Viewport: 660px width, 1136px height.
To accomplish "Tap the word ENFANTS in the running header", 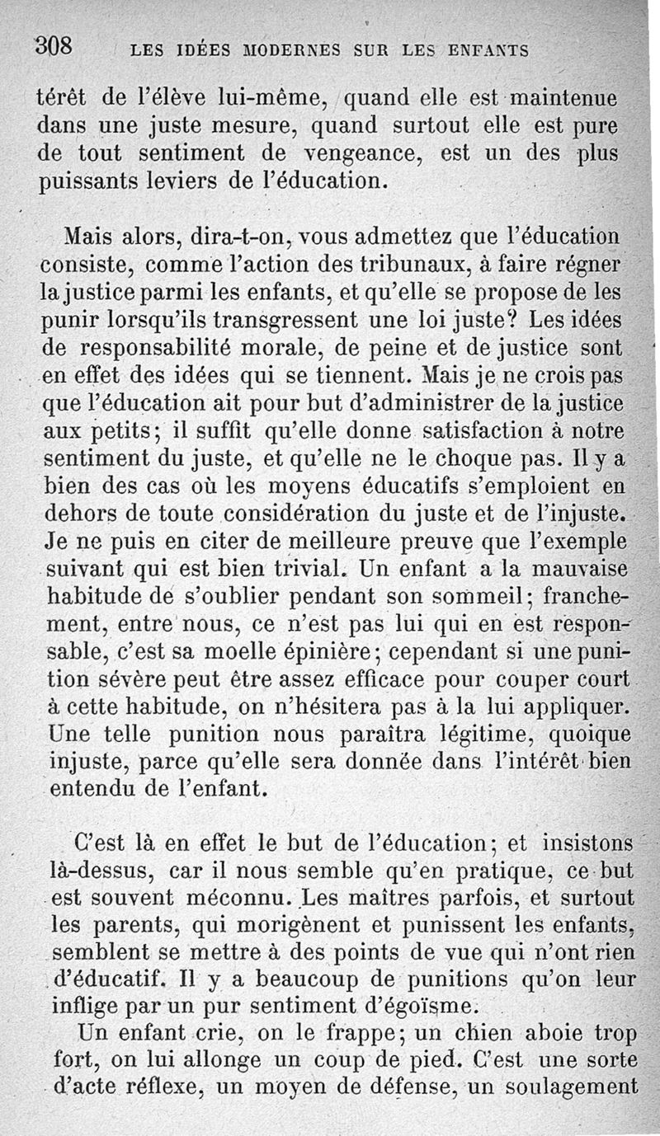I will (x=489, y=51).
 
